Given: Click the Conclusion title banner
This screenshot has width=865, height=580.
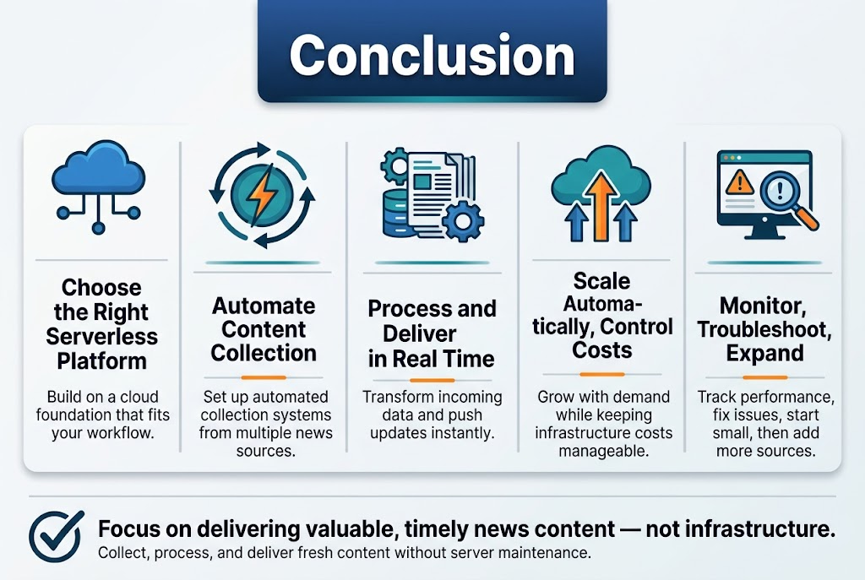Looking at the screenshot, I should (x=432, y=55).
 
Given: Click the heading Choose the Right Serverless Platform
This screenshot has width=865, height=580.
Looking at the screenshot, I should (x=101, y=324).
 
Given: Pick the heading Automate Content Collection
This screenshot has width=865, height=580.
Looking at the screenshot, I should (x=264, y=329).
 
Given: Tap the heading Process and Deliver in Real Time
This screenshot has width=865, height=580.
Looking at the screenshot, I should (x=432, y=333).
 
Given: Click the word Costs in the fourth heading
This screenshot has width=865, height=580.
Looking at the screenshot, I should (x=601, y=349).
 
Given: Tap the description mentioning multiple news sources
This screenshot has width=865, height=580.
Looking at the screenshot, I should (x=265, y=424).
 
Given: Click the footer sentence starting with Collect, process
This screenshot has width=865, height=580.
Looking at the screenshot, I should (x=344, y=554).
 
